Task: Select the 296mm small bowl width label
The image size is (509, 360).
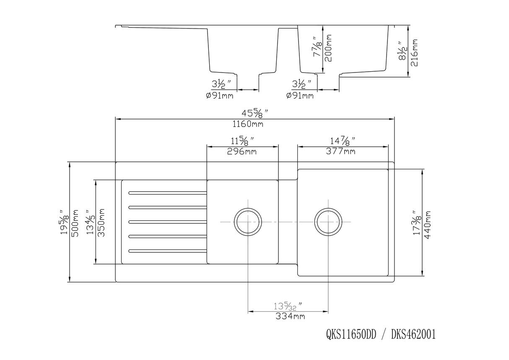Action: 242,151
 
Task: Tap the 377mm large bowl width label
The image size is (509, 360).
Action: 340,151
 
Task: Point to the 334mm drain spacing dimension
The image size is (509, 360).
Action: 290,316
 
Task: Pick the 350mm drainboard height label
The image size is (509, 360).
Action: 101,223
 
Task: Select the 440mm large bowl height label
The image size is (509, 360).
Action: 428,224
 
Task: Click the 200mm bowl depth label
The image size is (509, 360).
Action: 329,48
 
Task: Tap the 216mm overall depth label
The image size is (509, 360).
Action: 415,50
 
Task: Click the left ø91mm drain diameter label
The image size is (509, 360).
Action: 219,96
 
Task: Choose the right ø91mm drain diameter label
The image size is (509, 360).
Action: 299,96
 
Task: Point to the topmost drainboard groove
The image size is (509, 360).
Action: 167,193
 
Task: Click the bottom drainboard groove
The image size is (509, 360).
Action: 167,251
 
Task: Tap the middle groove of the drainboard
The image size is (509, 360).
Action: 167,222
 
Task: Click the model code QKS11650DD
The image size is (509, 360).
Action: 351,334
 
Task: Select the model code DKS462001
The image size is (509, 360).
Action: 413,334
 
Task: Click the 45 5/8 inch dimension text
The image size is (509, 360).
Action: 254,114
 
